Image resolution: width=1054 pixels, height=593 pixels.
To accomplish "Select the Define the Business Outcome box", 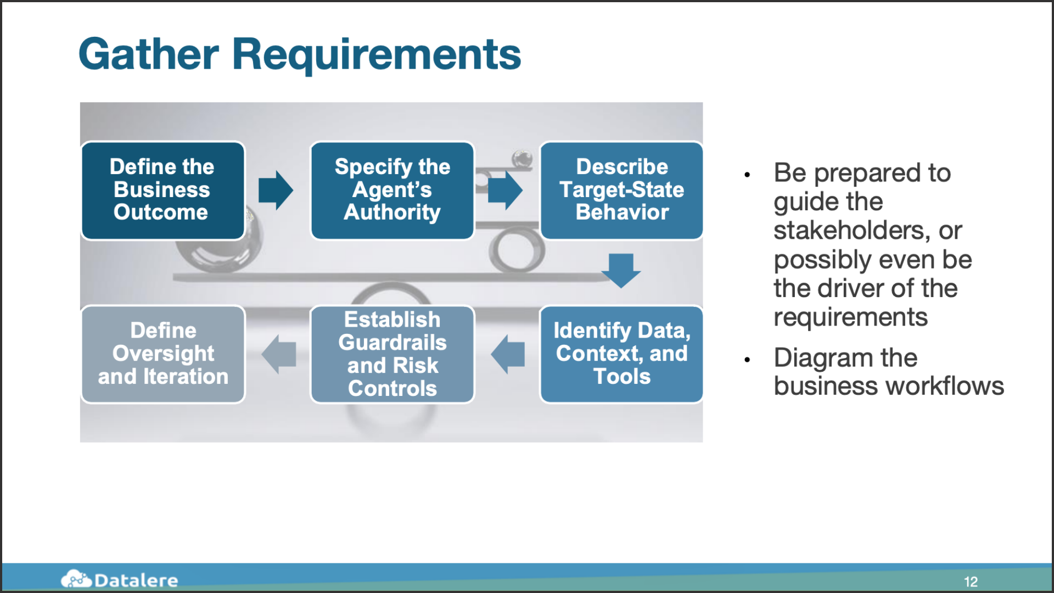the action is (162, 191).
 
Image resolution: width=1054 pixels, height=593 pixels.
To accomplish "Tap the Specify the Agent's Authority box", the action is (392, 191).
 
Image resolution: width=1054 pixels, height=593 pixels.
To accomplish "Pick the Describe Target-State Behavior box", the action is (621, 191).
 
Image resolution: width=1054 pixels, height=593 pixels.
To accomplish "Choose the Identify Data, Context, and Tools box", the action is (621, 354).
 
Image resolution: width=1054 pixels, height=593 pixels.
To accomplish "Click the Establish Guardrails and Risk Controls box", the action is (392, 354).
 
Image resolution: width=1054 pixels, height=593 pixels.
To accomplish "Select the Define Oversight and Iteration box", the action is (162, 354).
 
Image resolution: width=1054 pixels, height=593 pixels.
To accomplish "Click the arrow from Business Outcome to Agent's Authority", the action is (276, 190).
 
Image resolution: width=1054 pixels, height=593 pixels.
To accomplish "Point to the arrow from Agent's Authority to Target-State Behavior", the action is (505, 190).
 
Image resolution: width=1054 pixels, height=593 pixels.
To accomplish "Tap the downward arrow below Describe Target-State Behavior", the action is (621, 271).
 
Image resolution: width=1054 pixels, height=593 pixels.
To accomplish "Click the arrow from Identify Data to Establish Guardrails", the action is (508, 354).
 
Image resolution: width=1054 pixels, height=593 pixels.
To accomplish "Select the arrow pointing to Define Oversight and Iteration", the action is (278, 354).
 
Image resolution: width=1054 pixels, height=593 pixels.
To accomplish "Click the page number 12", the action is (971, 581).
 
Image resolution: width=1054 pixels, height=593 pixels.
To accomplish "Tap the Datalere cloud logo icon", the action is (76, 579).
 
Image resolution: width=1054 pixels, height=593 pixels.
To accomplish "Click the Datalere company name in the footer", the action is (136, 580).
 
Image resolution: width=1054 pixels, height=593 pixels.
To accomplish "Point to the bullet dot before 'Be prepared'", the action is (747, 175).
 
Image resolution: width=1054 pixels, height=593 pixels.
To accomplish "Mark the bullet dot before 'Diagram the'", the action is (747, 360).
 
